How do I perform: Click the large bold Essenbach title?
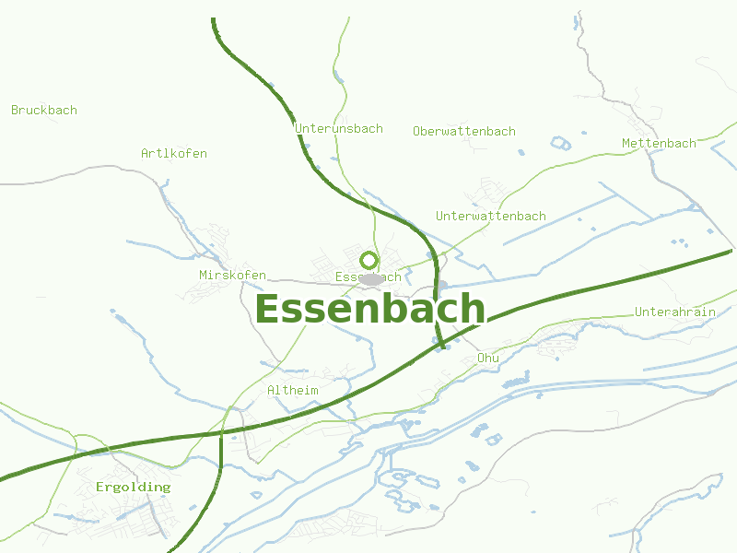pyautogui.click(x=369, y=310)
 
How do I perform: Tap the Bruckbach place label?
pyautogui.click(x=44, y=111)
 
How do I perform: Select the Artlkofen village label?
pyautogui.click(x=174, y=154)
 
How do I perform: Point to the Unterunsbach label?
pyautogui.click(x=339, y=129)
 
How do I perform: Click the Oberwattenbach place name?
pyautogui.click(x=464, y=132)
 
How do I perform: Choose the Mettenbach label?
pyautogui.click(x=659, y=144)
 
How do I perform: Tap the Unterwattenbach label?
pyautogui.click(x=491, y=217)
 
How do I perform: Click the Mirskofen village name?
pyautogui.click(x=232, y=276)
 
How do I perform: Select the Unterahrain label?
pyautogui.click(x=675, y=312)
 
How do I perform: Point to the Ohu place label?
pyautogui.click(x=488, y=358)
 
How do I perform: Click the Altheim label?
pyautogui.click(x=293, y=391)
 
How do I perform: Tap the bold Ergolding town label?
pyautogui.click(x=134, y=487)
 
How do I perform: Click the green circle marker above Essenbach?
pyautogui.click(x=369, y=260)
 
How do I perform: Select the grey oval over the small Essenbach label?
pyautogui.click(x=371, y=279)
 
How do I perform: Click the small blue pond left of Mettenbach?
pyautogui.click(x=560, y=143)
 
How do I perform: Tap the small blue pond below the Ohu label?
pyautogui.click(x=514, y=379)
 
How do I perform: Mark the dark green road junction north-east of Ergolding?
pyautogui.click(x=222, y=431)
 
